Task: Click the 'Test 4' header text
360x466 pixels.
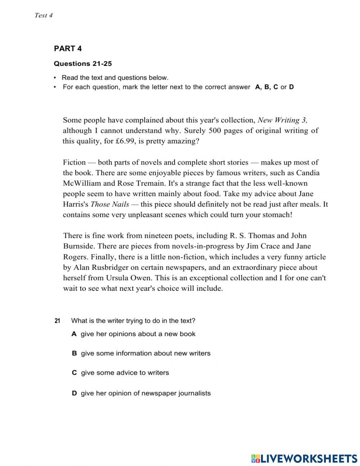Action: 44,15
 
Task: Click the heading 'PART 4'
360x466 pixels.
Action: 68,49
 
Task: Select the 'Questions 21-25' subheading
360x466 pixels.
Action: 83,64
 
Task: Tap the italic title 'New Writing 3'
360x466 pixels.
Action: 283,120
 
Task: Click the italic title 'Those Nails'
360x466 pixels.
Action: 110,204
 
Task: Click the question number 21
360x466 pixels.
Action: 58,321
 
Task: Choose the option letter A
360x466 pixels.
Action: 74,334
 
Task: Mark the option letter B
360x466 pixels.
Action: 74,353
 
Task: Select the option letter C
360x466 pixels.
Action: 74,373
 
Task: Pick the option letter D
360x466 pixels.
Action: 74,393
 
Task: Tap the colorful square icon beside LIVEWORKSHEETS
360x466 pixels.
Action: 256,458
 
